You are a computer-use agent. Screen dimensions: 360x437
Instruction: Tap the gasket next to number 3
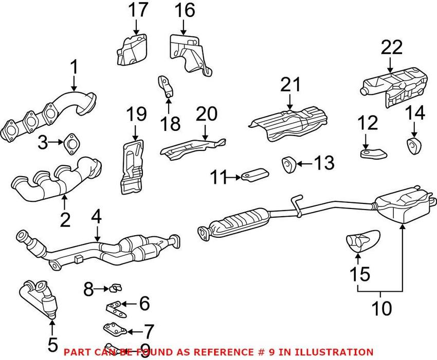pos(70,144)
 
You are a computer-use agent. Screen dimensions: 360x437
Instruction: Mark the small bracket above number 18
pos(166,85)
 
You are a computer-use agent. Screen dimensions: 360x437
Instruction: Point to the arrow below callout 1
pos(74,83)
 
